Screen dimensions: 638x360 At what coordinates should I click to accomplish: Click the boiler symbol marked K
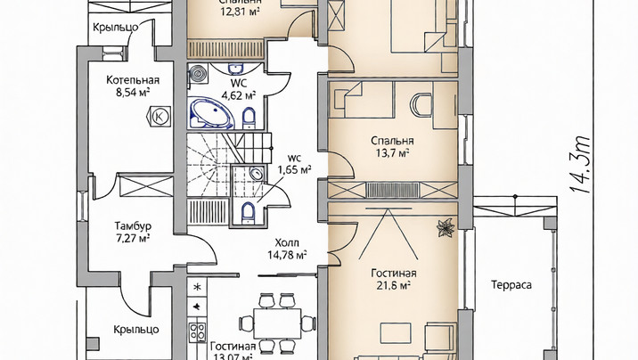tap(159, 117)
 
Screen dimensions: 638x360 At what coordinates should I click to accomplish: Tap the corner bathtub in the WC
tap(211, 112)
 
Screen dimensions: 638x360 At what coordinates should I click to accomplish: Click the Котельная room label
tap(133, 79)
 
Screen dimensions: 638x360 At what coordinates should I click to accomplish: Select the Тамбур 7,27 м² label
tap(133, 232)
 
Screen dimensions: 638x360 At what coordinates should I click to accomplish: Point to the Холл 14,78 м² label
tap(287, 249)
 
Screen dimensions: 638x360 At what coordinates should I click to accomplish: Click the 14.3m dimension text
tap(579, 165)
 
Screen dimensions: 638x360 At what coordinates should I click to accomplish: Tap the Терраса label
tap(511, 285)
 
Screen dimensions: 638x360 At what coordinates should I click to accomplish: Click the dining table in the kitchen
tap(277, 323)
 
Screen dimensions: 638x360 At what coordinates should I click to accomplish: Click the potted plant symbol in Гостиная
tap(446, 228)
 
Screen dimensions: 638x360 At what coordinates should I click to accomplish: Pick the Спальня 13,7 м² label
tap(392, 146)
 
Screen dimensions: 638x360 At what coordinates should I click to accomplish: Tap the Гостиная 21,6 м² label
tap(394, 279)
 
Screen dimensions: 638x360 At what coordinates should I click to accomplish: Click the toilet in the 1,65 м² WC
tap(249, 212)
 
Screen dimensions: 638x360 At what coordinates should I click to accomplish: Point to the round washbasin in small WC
tap(257, 174)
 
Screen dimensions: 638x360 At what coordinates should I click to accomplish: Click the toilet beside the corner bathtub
tap(249, 118)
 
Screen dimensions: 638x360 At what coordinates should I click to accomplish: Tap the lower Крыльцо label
tap(136, 329)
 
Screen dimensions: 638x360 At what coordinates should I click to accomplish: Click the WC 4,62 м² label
tap(239, 89)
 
